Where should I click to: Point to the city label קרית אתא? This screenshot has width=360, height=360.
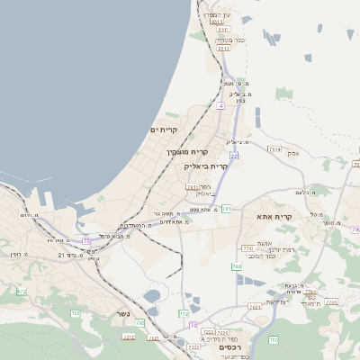[276, 217]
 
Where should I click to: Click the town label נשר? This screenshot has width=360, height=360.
[123, 314]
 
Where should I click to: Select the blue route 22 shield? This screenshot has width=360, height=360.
[233, 156]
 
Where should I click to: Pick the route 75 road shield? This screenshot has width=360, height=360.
[86, 241]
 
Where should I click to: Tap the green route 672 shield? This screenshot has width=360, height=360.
[184, 313]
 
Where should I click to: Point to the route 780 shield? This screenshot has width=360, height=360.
[237, 266]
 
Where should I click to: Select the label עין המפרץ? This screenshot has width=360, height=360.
[218, 14]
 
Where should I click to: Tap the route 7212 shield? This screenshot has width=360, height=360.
[129, 337]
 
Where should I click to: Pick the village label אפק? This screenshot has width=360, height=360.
[292, 154]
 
